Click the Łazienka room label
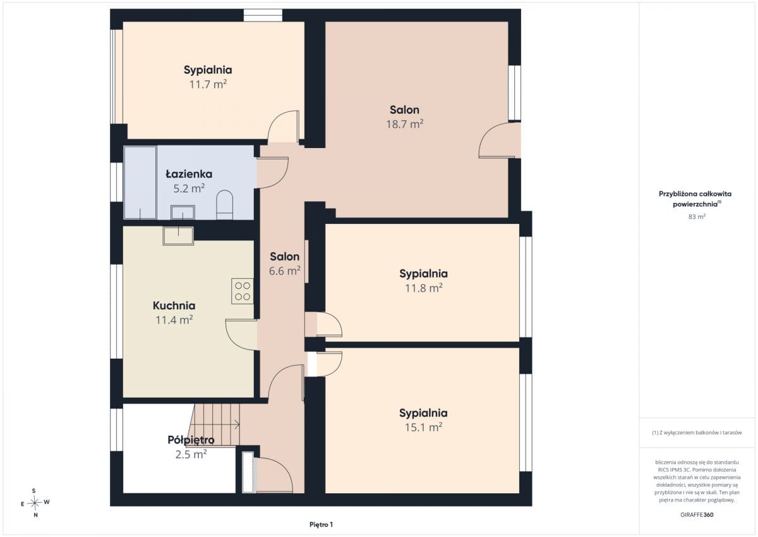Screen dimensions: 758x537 click(189, 174)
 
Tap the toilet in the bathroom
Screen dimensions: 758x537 click(224, 205)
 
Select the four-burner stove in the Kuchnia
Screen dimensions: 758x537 click(243, 291)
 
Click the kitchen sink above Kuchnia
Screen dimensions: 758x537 click(178, 235)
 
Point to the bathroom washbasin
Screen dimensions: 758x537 click(183, 212)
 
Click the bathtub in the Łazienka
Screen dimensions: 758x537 click(140, 183)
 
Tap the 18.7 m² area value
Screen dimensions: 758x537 click(405, 124)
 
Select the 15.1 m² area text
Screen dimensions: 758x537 click(424, 427)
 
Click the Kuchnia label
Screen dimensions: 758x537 click(174, 306)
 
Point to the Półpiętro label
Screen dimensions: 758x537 click(191, 440)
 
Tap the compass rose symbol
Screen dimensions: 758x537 click(35, 503)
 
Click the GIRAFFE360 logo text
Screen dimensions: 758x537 click(697, 515)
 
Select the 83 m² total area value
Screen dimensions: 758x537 click(697, 216)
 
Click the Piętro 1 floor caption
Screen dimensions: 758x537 click(321, 524)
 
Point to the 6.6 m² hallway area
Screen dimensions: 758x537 click(285, 271)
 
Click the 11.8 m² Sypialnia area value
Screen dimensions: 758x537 click(424, 288)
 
